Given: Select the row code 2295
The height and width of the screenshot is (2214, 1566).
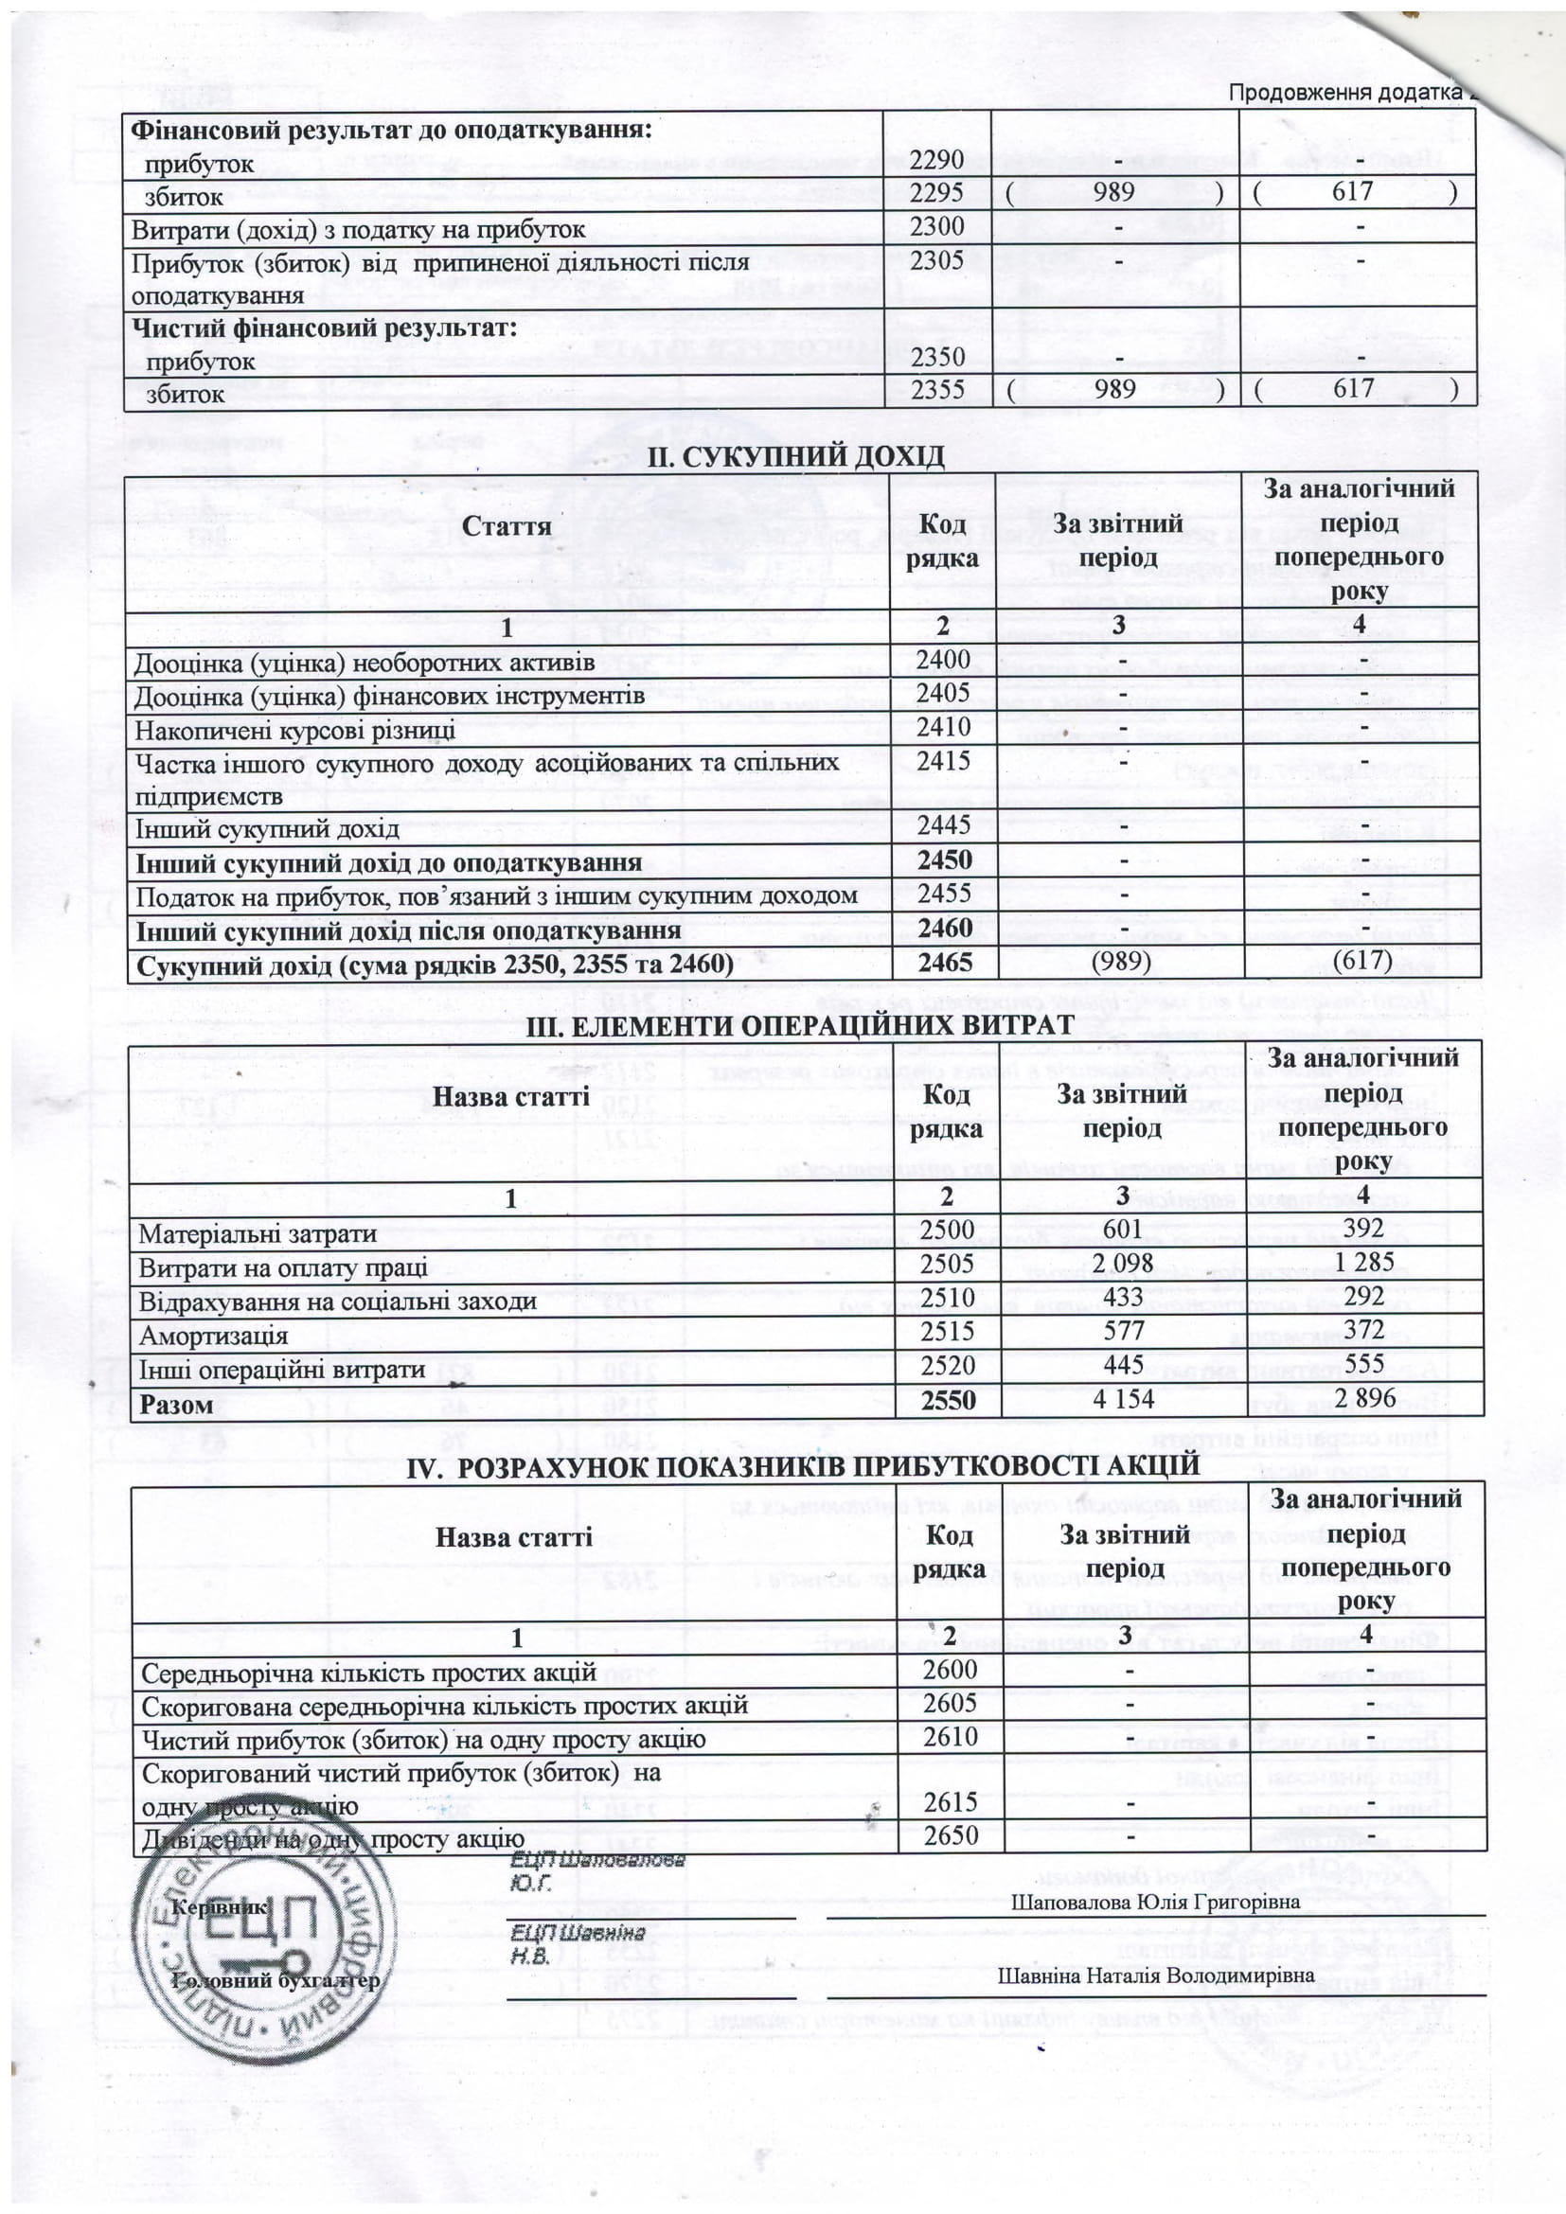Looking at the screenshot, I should click(936, 194).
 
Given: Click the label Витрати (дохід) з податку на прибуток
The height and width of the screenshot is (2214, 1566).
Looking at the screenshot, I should click(359, 229).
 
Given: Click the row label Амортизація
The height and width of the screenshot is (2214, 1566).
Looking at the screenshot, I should click(214, 1336).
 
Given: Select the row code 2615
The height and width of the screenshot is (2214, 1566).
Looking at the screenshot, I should click(950, 1801).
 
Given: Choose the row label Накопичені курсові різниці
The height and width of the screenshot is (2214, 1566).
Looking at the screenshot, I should click(295, 729).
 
